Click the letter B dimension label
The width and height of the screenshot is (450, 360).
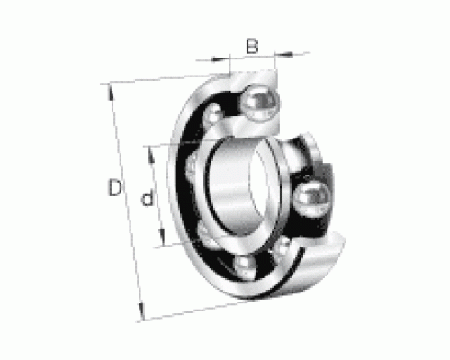[252, 46]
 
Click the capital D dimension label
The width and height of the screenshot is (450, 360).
[115, 187]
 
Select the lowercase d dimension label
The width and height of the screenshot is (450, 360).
[148, 198]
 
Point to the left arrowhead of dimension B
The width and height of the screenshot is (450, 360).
[220, 58]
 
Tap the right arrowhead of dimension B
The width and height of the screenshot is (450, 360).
[283, 54]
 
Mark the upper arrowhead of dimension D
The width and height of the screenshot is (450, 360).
[111, 92]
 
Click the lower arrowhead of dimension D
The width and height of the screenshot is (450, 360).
[141, 311]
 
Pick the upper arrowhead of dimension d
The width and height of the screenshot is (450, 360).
[152, 156]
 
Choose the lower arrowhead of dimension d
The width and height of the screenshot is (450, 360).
[162, 237]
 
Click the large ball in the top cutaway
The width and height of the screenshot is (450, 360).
[260, 103]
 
